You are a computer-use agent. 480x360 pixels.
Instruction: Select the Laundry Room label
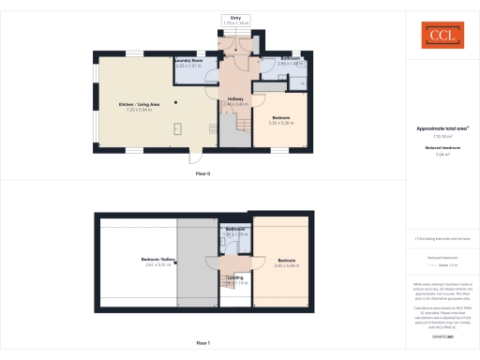click(189, 61)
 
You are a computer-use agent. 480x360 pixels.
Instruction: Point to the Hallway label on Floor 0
click(236, 98)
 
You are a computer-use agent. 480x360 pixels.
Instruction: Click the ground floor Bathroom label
click(291, 58)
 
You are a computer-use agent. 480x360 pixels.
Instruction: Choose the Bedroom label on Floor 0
click(281, 117)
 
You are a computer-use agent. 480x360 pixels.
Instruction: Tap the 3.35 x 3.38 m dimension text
click(281, 123)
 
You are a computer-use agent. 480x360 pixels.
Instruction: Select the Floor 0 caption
click(202, 173)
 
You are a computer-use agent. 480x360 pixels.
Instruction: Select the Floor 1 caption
click(202, 344)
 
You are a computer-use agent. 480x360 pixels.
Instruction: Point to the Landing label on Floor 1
click(236, 277)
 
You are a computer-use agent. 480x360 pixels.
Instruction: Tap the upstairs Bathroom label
click(236, 229)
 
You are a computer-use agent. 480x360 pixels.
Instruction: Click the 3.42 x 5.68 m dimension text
click(286, 265)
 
